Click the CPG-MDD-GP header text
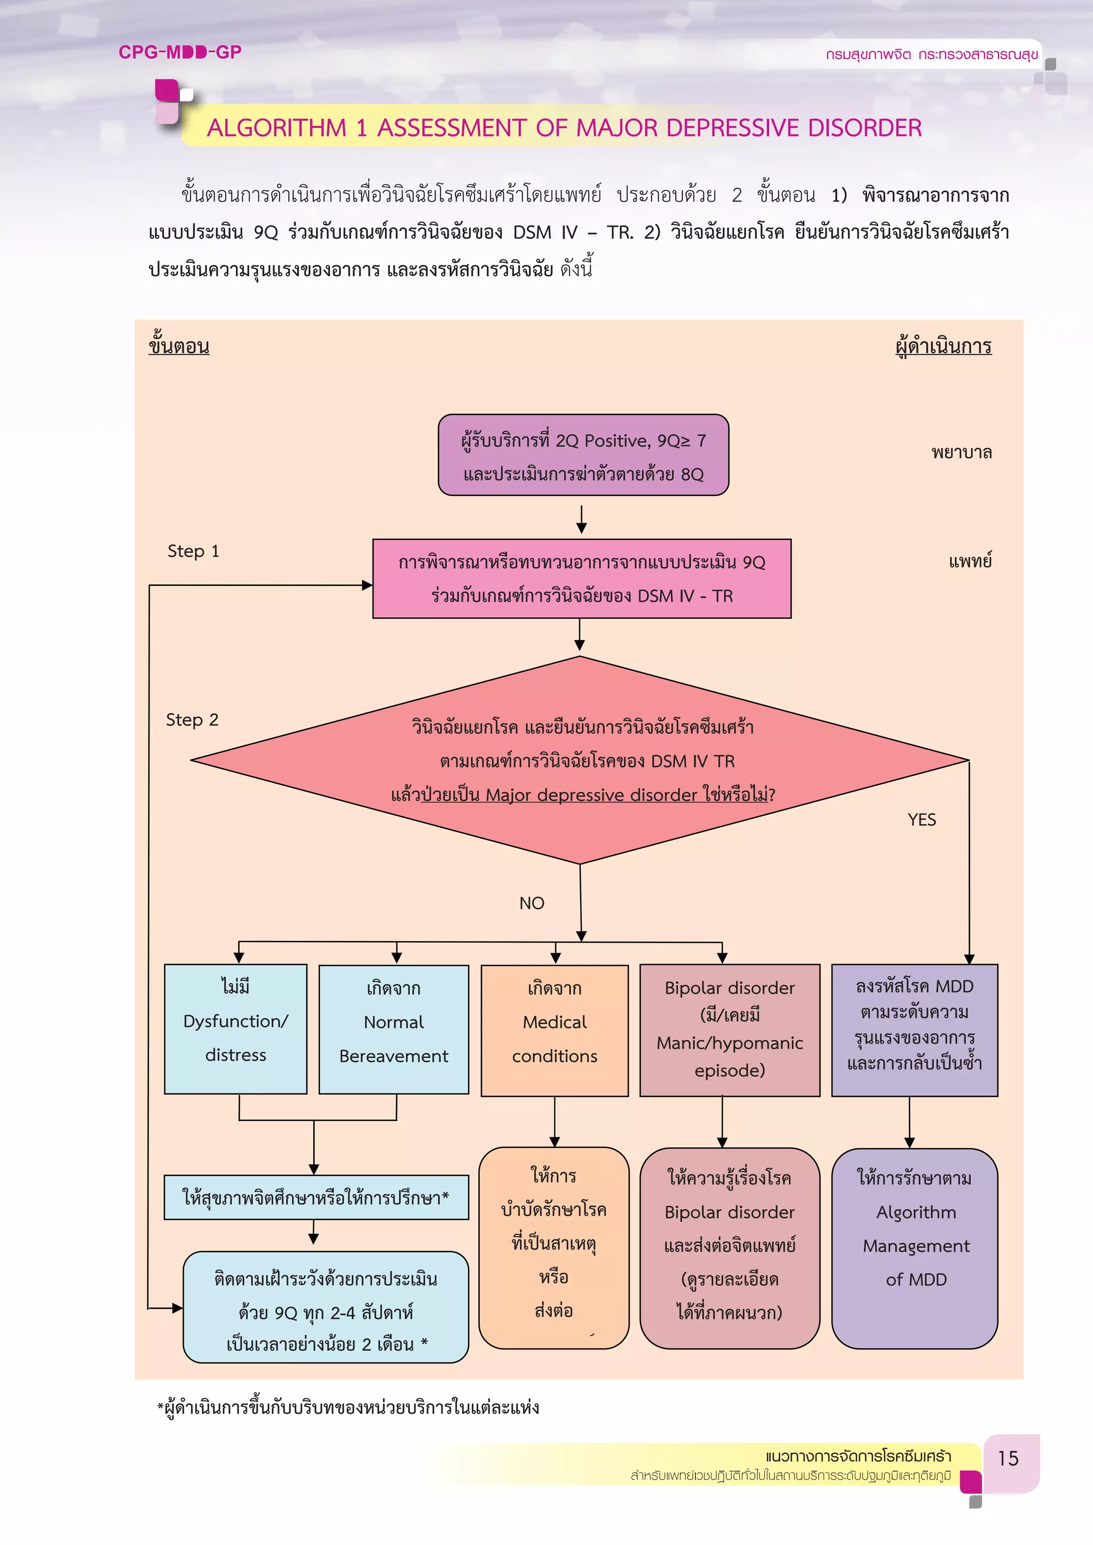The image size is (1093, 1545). (180, 52)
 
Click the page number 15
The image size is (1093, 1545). (1008, 1458)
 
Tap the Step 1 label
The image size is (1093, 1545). (193, 551)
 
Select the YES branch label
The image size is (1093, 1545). (921, 819)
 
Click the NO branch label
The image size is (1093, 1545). (531, 903)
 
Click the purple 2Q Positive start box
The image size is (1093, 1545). (583, 456)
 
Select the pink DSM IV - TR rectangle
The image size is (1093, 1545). (582, 579)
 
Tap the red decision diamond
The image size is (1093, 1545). (580, 760)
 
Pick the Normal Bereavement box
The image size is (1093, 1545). (394, 1030)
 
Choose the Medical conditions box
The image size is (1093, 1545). (555, 1030)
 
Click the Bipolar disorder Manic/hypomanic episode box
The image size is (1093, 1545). (730, 1030)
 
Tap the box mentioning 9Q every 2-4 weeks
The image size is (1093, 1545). (326, 1308)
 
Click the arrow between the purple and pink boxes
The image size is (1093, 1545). (582, 518)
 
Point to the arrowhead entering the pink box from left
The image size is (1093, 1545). (368, 585)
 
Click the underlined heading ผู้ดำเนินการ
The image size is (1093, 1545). (943, 347)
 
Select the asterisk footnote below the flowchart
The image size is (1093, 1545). (348, 1407)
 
